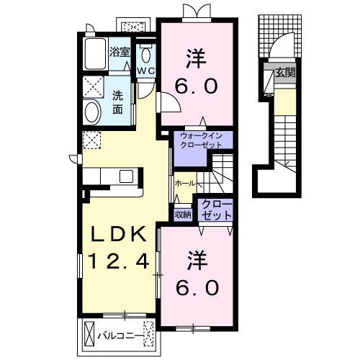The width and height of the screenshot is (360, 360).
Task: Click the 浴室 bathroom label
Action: pos(120,52)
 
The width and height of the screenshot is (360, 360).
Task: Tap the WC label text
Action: pos(146,71)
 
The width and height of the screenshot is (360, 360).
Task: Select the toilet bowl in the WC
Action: pos(145,55)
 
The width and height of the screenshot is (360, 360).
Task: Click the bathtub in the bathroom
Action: pos(95,54)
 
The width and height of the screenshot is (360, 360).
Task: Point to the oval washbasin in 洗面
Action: pos(91,112)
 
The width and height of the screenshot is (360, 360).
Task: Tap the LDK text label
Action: pos(118,234)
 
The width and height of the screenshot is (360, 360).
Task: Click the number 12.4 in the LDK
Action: pos(118,261)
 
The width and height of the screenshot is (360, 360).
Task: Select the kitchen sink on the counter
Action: pos(126,176)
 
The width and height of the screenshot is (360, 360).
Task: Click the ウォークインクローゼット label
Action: pos(201,140)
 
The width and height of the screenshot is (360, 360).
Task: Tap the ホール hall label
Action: pos(185,184)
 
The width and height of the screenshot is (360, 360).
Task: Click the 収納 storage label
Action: pos(183,215)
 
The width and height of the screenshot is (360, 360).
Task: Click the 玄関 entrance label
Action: pos(285,73)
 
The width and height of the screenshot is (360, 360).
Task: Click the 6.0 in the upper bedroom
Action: pos(197,86)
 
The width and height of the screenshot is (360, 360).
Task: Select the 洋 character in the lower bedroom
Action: pos(197,260)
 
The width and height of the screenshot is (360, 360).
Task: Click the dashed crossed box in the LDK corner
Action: pos(91,140)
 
